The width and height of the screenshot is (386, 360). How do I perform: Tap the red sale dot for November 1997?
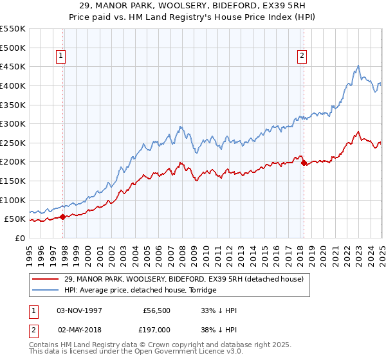coord(63,217)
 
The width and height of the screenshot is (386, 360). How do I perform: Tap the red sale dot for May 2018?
coord(304,163)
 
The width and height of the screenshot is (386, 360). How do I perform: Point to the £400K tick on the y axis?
coord(14,85)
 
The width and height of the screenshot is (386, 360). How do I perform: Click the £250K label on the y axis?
coord(14,143)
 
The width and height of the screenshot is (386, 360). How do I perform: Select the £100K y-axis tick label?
coord(14,200)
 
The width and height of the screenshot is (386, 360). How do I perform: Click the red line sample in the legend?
coord(46,278)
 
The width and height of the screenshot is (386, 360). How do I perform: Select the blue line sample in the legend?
coord(46,290)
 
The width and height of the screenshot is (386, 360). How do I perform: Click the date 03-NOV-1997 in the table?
coord(80,310)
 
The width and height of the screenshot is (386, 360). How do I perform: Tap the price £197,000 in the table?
coord(156,329)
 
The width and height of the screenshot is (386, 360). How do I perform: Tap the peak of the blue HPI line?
coord(358,65)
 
